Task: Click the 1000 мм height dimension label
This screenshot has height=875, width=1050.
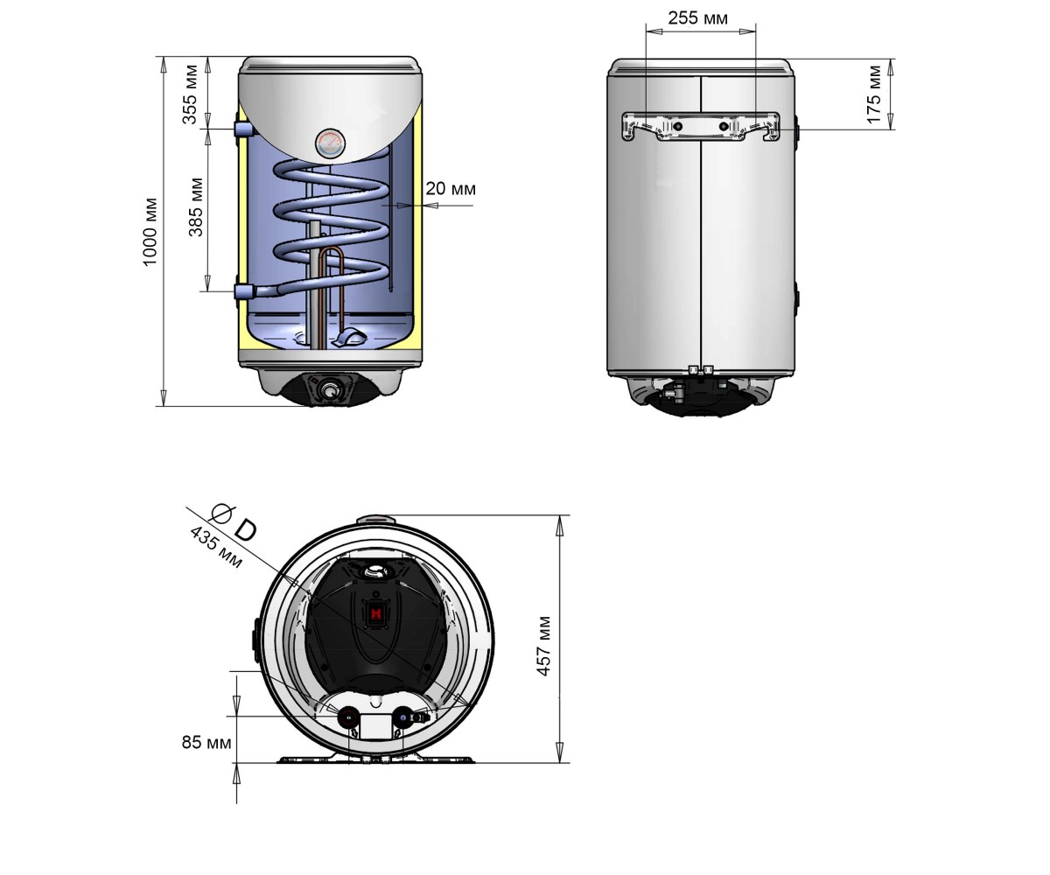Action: (150, 232)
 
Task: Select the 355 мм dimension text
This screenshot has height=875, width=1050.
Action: (190, 94)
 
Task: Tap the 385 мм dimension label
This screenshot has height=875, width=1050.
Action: (196, 207)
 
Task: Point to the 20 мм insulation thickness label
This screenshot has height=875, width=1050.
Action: (450, 189)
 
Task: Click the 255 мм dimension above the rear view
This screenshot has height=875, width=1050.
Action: (697, 18)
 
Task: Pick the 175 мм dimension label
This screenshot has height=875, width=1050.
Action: (874, 94)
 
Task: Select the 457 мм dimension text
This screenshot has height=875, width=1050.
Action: (543, 647)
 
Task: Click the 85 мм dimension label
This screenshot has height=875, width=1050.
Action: (206, 742)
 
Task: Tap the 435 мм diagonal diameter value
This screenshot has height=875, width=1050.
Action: (216, 547)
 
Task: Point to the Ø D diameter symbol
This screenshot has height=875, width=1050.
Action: (234, 522)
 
